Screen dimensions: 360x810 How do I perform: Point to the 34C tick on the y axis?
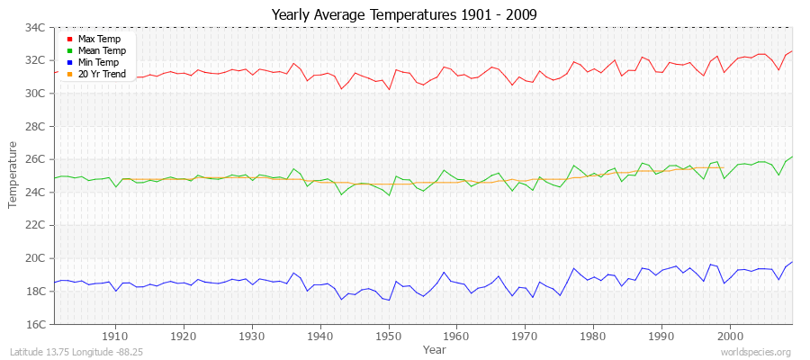(35, 28)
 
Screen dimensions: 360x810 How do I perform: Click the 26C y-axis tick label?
(35, 159)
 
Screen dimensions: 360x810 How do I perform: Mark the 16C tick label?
(35, 324)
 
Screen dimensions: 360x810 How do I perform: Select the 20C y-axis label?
(35, 258)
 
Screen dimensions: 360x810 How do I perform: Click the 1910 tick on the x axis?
(115, 336)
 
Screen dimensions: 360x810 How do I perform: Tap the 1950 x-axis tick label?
(389, 336)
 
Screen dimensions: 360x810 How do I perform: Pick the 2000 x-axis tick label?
(730, 336)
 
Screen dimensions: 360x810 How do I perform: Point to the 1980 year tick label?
(593, 336)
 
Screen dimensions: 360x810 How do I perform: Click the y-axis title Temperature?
(13, 175)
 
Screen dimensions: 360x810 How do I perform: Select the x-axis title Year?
(434, 349)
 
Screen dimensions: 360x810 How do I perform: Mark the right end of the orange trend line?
(723, 168)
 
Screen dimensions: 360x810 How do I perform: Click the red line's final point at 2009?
(792, 51)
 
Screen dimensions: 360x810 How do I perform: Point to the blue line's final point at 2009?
(792, 262)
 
